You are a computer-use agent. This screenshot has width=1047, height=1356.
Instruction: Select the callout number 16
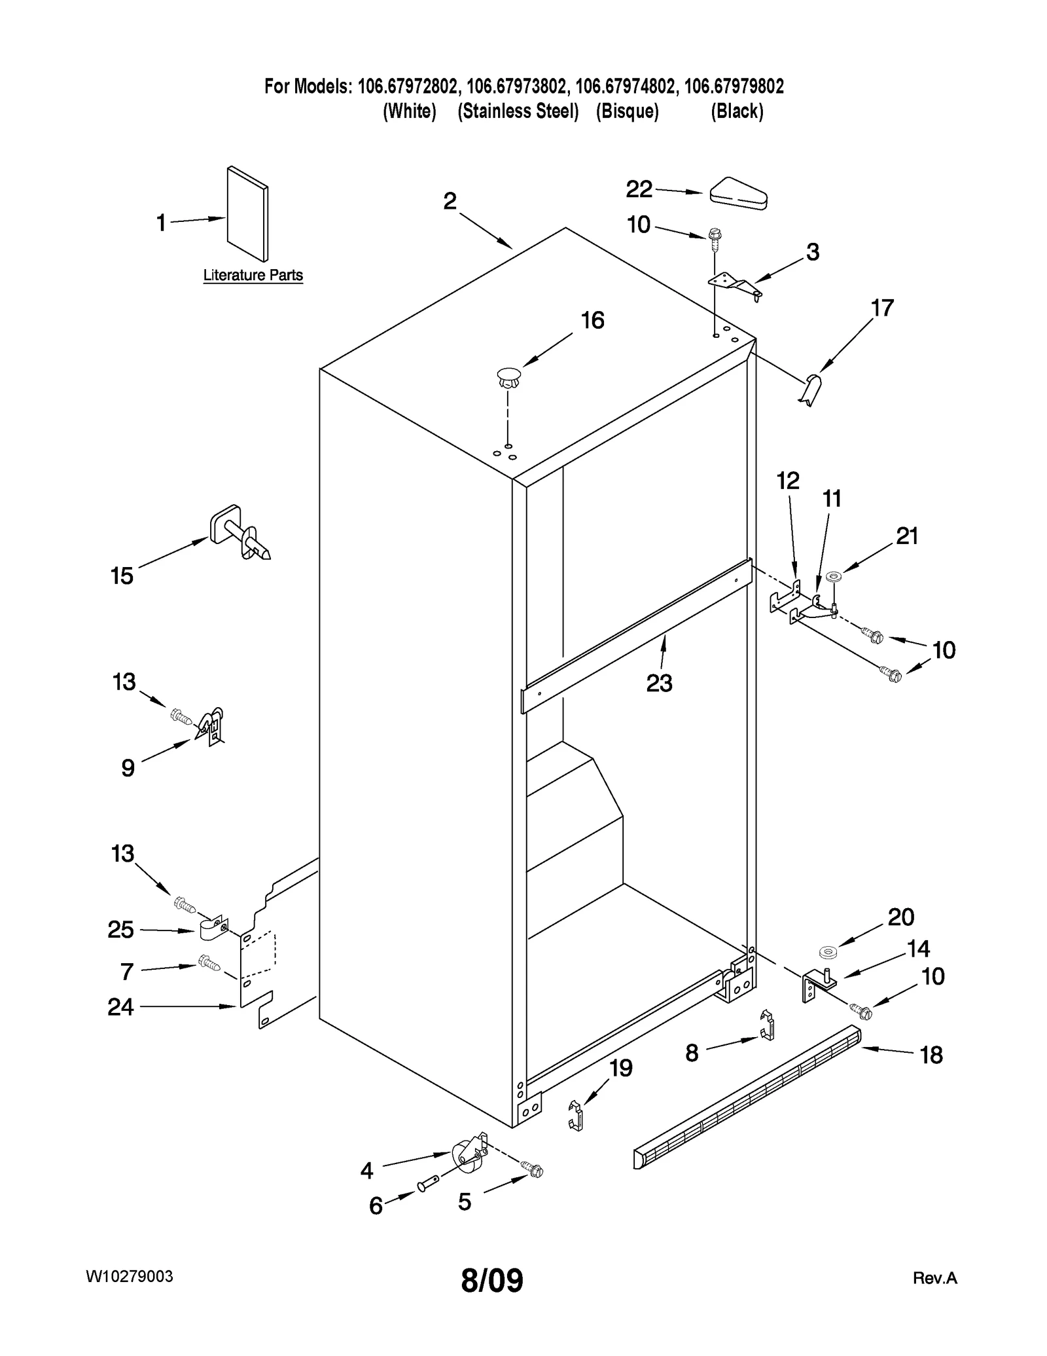(x=592, y=321)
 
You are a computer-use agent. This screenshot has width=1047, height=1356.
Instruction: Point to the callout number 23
(x=659, y=683)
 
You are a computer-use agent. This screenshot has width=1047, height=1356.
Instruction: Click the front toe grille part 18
(x=746, y=1097)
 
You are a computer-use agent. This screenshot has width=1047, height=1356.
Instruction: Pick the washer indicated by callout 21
(x=834, y=577)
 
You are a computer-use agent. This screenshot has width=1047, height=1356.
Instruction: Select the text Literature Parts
(x=253, y=276)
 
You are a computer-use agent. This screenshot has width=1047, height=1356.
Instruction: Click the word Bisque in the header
(x=627, y=112)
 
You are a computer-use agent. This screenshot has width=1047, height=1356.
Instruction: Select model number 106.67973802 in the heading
(x=517, y=86)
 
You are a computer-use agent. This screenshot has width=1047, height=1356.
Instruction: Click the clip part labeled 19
(x=575, y=1115)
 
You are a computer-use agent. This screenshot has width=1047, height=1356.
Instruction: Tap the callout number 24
(x=120, y=1007)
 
